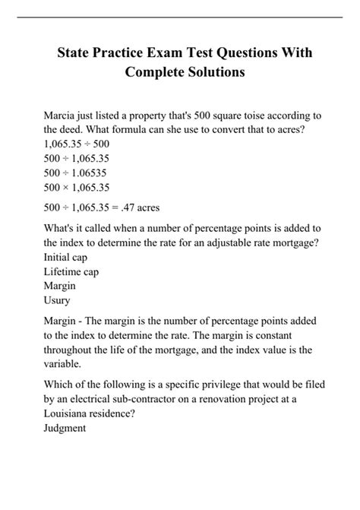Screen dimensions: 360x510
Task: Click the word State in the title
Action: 78,54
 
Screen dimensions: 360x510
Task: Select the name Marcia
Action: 64,115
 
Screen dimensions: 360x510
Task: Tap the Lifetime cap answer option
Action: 72,271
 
